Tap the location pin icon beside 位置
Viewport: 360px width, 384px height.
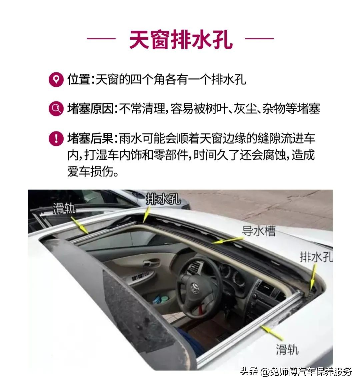coord(56,80)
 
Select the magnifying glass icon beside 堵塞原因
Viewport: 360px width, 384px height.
coord(56,108)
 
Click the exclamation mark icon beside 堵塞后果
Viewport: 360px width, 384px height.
coord(56,138)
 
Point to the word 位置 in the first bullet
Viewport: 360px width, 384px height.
coord(79,79)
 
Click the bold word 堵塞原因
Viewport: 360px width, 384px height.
coord(90,108)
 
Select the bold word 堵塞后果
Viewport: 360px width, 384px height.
coord(90,138)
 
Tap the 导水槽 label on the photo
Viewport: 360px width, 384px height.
coord(259,231)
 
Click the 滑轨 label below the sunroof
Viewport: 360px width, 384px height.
coord(287,349)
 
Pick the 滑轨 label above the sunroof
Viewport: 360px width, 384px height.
coord(64,208)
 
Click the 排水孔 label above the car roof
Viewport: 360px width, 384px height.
coord(163,199)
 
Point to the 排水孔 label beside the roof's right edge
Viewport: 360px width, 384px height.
coord(316,257)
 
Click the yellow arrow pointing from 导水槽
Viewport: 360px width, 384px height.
coord(228,240)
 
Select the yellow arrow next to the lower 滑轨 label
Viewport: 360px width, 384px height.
coord(272,333)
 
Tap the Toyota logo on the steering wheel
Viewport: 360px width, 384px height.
coord(195,286)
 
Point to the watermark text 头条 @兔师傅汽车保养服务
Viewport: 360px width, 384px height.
coord(296,372)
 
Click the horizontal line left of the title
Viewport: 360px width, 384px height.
coord(101,39)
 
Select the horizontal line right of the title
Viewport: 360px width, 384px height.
coord(259,39)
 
